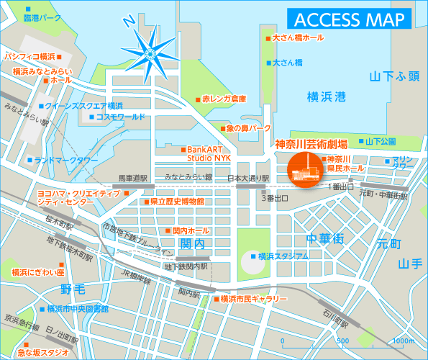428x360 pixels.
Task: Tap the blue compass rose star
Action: tap(150, 51)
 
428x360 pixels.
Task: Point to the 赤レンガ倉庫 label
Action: tap(224, 99)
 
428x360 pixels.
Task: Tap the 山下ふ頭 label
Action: tap(392, 75)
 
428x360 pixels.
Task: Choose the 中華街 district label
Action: tap(324, 238)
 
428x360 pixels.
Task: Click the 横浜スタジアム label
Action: tap(283, 256)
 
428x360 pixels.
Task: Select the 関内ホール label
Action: tap(191, 230)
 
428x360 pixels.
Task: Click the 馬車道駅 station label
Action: tap(132, 177)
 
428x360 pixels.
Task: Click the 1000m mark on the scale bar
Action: tap(403, 341)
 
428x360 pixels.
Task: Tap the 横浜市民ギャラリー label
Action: tap(253, 298)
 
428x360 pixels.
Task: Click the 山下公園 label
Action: tap(381, 141)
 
